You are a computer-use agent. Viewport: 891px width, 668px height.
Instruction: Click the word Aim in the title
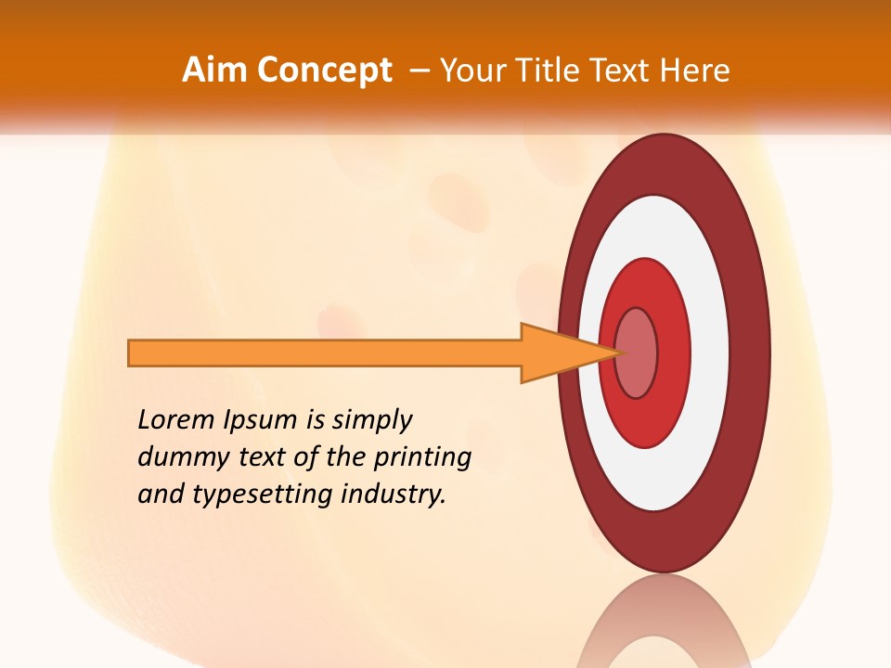click(214, 71)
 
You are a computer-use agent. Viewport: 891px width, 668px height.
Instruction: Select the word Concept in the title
click(324, 71)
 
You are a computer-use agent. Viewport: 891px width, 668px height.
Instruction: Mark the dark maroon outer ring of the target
click(750, 353)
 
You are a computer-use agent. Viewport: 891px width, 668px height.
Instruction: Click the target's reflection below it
click(664, 626)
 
